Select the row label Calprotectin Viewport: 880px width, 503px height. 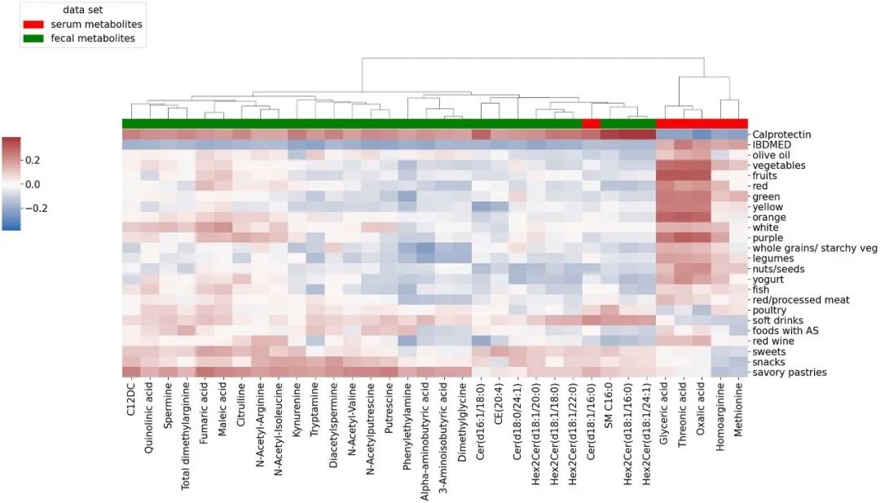(x=781, y=135)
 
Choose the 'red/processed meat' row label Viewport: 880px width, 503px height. (x=800, y=300)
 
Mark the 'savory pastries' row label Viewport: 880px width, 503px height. (x=790, y=373)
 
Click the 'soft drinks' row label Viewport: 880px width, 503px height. (x=777, y=320)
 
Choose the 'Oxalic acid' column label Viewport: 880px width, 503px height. (x=700, y=411)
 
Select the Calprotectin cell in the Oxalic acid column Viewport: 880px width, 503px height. (x=701, y=135)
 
